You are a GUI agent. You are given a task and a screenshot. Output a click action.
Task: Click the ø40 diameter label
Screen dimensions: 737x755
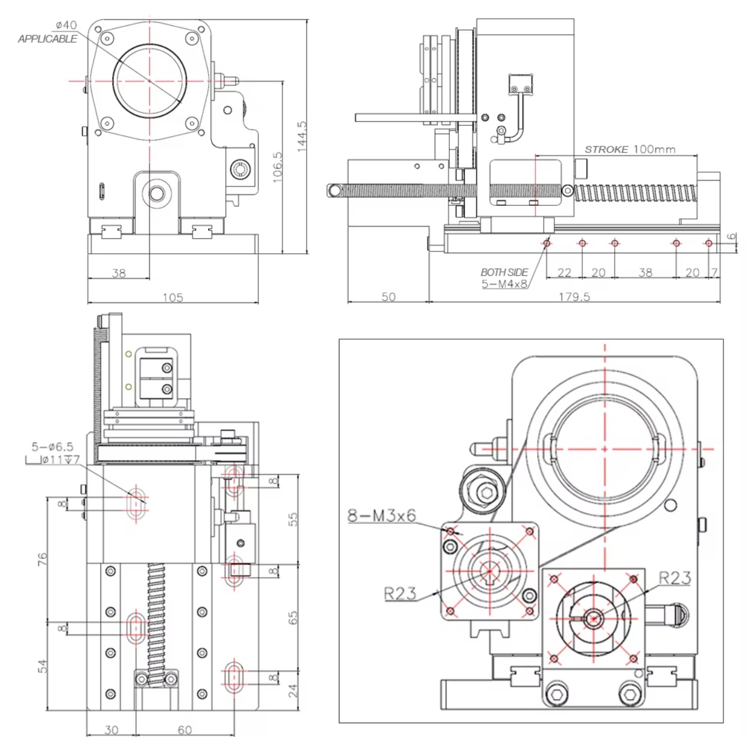[66, 25]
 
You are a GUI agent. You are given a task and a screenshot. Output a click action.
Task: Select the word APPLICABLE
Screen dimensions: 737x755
[47, 39]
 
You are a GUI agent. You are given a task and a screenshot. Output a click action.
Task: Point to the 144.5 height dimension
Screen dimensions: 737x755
[302, 136]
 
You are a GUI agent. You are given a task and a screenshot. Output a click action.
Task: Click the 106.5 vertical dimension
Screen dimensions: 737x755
[277, 167]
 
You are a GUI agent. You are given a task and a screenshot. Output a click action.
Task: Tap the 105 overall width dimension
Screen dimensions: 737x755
[173, 297]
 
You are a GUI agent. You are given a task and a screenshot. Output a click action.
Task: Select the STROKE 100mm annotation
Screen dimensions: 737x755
[630, 149]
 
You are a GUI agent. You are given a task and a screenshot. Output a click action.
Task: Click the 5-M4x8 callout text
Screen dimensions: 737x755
[504, 284]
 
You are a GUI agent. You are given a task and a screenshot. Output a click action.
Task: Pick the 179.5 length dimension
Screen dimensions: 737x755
[574, 297]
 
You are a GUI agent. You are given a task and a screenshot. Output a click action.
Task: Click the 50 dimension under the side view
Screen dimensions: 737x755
[389, 297]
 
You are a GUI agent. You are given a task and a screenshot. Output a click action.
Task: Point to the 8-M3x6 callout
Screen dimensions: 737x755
[381, 516]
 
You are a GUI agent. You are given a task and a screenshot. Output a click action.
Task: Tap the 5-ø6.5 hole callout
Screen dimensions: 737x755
[52, 447]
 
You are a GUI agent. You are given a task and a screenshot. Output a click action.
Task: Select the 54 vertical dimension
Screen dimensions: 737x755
[42, 666]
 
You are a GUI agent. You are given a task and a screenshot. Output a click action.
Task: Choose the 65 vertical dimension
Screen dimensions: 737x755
[293, 618]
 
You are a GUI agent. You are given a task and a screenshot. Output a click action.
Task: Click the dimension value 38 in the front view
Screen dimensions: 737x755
[119, 273]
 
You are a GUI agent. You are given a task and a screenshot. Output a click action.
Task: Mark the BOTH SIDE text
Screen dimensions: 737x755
[504, 272]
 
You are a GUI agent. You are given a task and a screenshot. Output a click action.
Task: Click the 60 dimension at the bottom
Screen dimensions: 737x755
[185, 730]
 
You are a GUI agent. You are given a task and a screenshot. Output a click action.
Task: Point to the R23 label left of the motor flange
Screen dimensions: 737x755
[399, 594]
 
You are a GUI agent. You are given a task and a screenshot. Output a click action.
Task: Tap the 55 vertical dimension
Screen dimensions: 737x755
[293, 519]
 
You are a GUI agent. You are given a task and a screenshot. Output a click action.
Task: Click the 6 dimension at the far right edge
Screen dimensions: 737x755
[732, 236]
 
